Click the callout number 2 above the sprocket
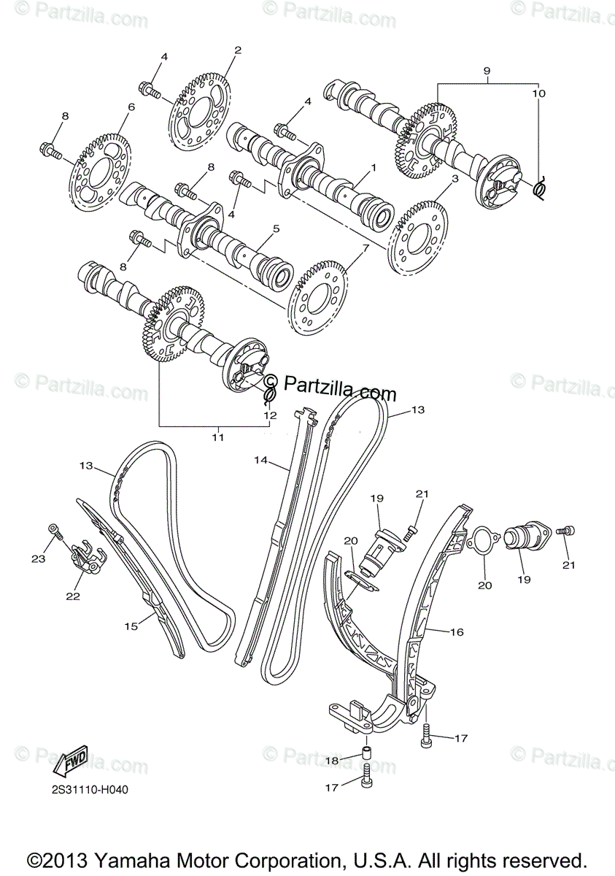coord(238,50)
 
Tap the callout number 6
coord(131,107)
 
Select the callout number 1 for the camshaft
coord(373,167)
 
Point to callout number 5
coord(276,228)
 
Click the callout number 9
coord(487,71)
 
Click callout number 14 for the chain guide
coord(262,460)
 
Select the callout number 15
coord(131,626)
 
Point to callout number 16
coord(457,632)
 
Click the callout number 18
coord(332,761)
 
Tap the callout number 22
coord(72,596)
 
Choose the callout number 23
coord(38,558)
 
